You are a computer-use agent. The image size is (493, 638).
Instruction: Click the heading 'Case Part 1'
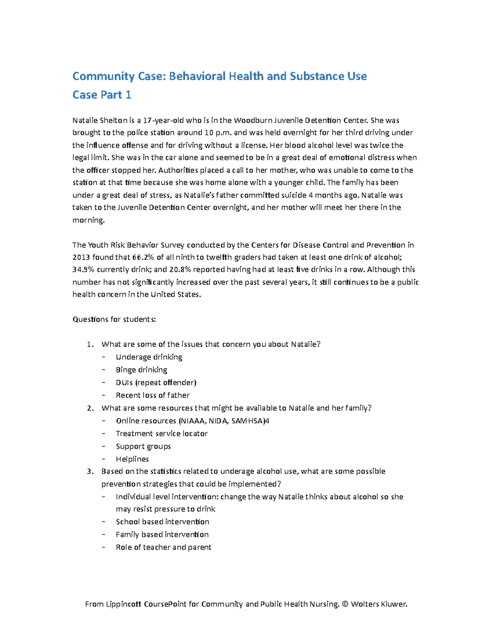point(101,95)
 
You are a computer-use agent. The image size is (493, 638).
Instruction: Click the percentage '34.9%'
point(83,269)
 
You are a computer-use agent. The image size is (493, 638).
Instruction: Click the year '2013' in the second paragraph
point(81,257)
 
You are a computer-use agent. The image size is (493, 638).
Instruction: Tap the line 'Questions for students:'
point(114,319)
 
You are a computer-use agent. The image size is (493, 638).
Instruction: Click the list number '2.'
point(90,408)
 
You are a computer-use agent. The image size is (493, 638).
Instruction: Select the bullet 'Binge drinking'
point(141,370)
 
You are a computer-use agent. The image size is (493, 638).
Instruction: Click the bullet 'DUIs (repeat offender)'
point(156,382)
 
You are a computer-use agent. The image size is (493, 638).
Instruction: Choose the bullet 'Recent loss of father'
point(152,395)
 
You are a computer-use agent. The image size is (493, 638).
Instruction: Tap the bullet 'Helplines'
point(132,459)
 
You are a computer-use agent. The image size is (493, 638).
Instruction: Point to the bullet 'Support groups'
point(143,446)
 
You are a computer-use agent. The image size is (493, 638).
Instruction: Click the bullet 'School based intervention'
point(162,522)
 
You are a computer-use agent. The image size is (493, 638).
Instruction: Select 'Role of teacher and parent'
point(164,547)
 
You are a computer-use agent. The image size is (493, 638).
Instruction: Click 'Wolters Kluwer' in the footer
point(378,604)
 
